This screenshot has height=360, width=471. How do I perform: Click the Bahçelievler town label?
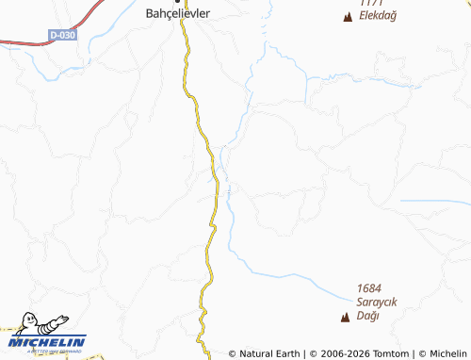click(x=177, y=14)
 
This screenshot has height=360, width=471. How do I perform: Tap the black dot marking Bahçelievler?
click(x=177, y=2)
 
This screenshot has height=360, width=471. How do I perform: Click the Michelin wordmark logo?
click(x=49, y=341)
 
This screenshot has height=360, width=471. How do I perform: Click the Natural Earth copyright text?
click(x=265, y=353)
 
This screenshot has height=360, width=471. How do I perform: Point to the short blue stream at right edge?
click(x=433, y=201)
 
